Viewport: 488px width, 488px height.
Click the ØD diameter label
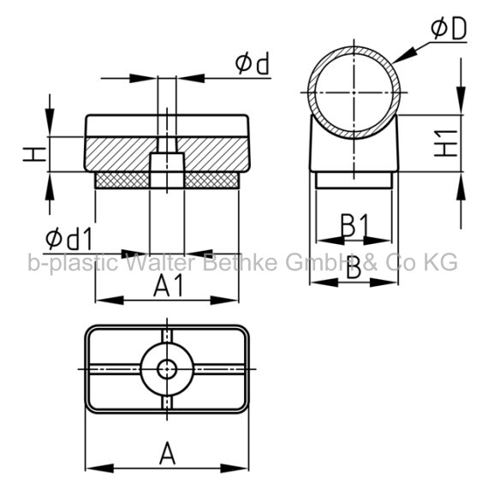pos(449,28)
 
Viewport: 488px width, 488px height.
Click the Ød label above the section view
pos(252,63)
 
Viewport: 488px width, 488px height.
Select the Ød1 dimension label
pos(68,239)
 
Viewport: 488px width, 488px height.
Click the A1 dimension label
pos(169,286)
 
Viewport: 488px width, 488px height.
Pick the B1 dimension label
pos(354,225)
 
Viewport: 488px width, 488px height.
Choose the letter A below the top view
pos(167,453)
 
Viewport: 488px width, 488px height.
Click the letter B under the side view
pos(354,267)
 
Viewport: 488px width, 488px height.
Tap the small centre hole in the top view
pos(167,369)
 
